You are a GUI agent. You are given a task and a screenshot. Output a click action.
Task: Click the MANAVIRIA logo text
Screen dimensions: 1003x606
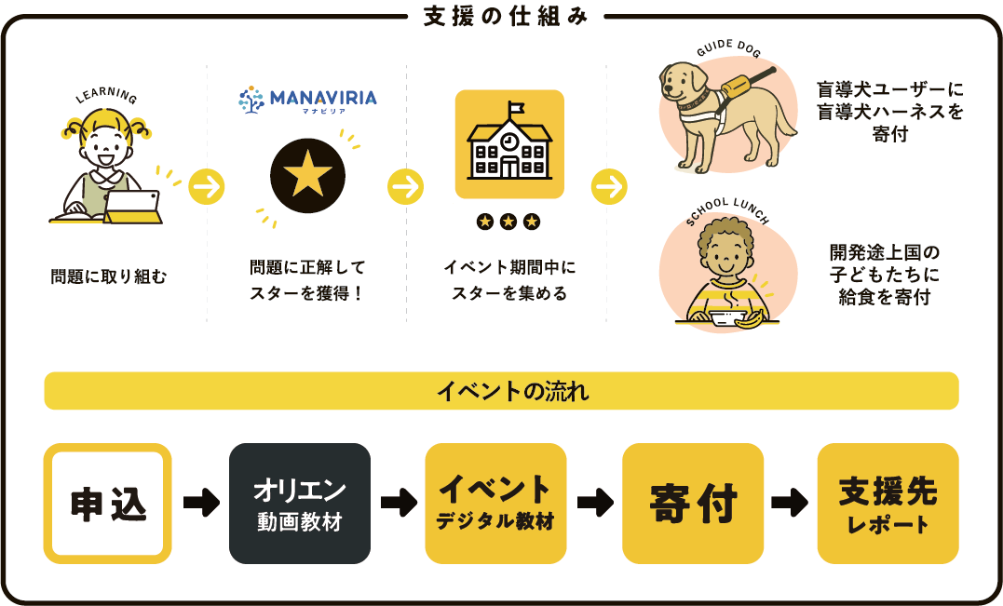coord(323,98)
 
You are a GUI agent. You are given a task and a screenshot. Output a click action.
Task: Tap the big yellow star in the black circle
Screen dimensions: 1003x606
coord(307,174)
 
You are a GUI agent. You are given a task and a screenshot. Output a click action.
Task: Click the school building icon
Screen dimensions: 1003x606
coord(509,144)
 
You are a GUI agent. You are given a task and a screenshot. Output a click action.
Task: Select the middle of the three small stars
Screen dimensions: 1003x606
coord(508,222)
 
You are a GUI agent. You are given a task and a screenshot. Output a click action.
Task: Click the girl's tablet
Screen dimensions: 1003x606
coord(132,207)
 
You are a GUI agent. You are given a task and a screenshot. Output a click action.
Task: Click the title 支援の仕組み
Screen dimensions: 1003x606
coord(506,17)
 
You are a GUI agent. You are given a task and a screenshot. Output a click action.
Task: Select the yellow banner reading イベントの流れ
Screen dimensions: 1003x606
coord(501,391)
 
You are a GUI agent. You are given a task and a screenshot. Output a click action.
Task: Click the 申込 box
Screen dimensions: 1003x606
coord(107,503)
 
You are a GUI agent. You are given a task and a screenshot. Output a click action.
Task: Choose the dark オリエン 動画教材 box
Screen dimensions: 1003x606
coord(300,503)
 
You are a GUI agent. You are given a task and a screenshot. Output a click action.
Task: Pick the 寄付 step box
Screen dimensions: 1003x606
coord(693,503)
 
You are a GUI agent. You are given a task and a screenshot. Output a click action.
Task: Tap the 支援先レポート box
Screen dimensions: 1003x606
coord(888,503)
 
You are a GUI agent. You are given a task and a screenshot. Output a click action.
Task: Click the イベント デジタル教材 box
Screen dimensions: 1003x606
coord(495,503)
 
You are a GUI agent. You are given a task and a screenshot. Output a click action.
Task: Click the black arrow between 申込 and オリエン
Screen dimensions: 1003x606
coord(201,503)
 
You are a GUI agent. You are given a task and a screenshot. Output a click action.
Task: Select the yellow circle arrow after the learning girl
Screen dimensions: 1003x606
coord(207,187)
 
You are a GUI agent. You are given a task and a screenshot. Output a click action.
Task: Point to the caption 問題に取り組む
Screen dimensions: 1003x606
coord(109,276)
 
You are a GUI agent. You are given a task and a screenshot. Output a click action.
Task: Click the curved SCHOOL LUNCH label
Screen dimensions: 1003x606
coord(728,209)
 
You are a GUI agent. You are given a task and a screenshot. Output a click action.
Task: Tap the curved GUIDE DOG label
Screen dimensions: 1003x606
coord(728,47)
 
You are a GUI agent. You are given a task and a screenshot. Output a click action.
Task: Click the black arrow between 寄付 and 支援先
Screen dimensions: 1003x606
coord(790,503)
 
